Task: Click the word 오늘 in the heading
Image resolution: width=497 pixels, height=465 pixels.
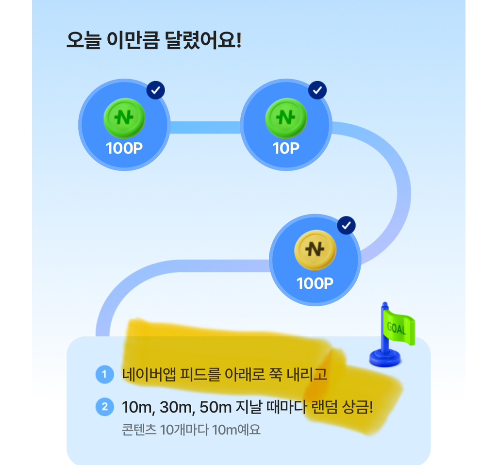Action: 83,41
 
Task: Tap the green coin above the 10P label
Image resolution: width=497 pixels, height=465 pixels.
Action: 286,117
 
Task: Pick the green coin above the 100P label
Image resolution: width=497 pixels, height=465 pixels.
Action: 124,117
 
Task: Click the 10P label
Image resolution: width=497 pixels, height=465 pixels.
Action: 286,149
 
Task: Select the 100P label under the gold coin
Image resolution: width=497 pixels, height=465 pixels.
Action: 315,283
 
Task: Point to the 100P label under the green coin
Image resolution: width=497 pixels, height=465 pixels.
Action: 124,149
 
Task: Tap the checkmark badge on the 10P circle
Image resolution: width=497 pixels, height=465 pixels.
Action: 317,90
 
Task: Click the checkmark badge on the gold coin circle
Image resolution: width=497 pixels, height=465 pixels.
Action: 346,226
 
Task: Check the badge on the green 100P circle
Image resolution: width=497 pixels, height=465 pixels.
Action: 156,90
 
